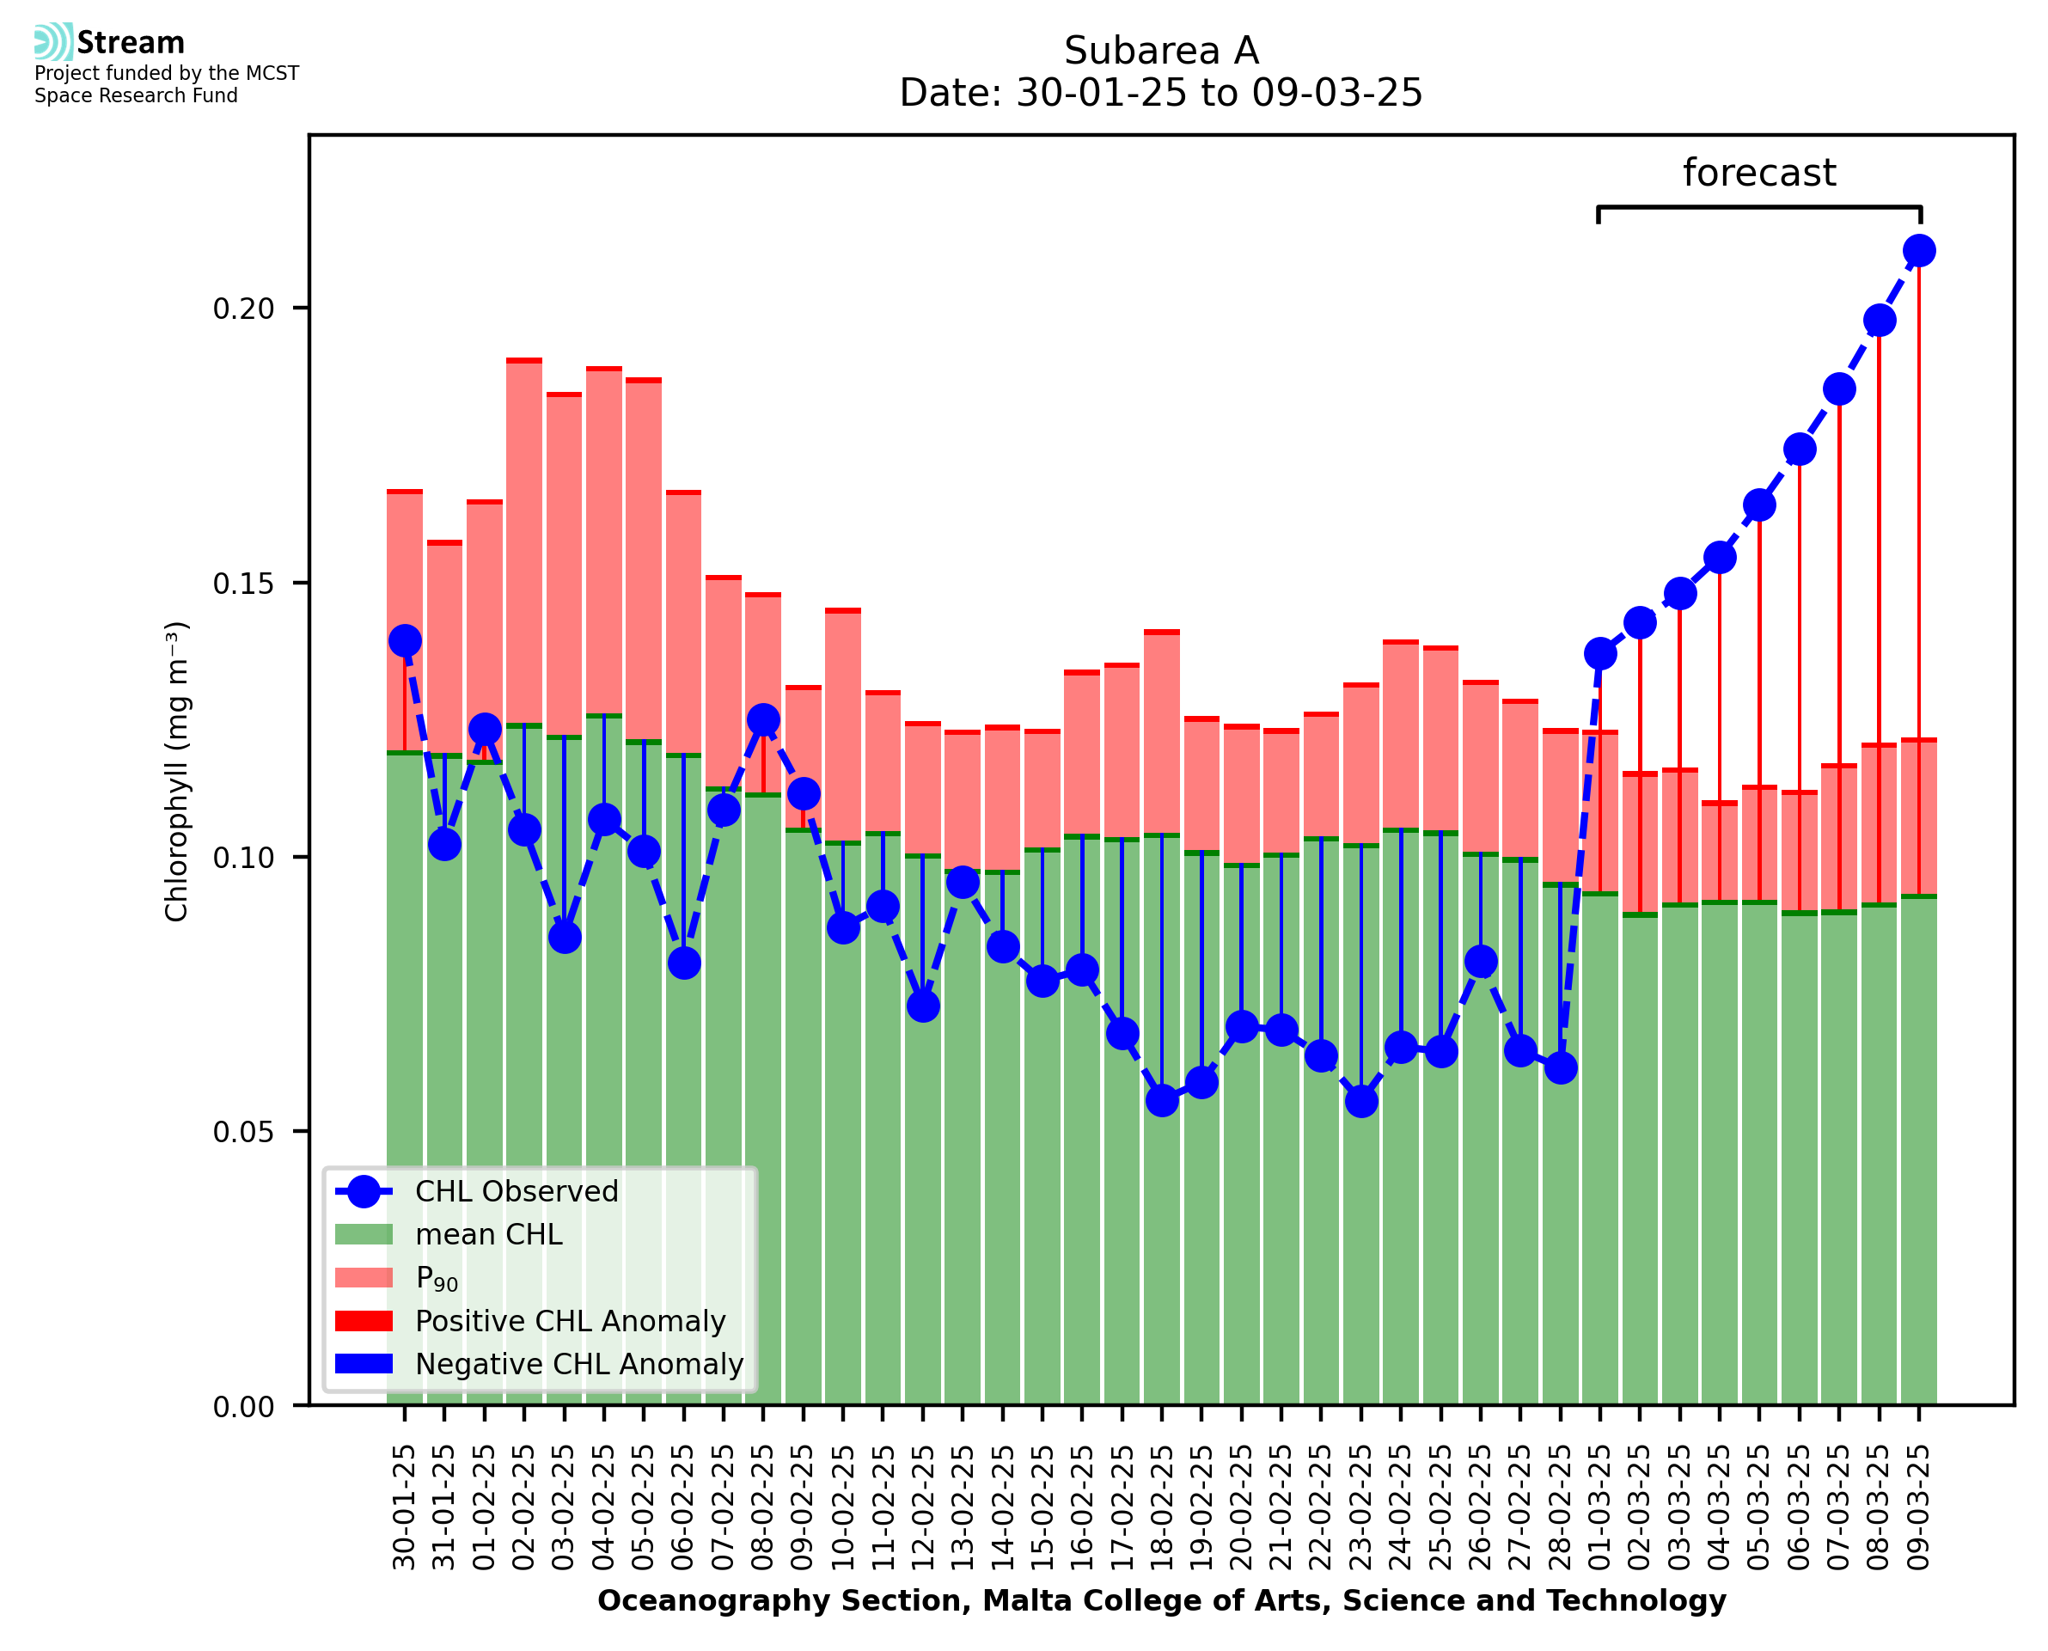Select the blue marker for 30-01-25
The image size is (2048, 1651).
(x=405, y=641)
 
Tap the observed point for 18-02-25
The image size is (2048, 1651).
(x=1162, y=1100)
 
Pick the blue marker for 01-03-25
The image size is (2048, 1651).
(x=1600, y=653)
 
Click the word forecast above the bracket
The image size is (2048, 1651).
(x=1759, y=173)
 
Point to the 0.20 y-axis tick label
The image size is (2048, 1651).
(x=243, y=309)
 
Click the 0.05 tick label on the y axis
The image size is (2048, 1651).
(x=243, y=1132)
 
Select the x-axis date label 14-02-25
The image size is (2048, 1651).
(x=1003, y=1507)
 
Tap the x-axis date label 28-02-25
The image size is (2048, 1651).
(x=1560, y=1507)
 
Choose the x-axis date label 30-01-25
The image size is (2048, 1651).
(x=405, y=1507)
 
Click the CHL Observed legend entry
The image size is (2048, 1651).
(x=517, y=1192)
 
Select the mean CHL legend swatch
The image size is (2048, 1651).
(x=364, y=1234)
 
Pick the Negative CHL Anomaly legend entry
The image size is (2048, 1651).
(x=578, y=1364)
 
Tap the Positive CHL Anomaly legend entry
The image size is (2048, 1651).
(x=570, y=1321)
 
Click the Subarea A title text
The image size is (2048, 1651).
(x=1161, y=51)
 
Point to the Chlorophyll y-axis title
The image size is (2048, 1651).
(x=177, y=771)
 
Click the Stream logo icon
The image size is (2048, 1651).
(x=53, y=42)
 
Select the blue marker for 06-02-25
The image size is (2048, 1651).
(x=683, y=963)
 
